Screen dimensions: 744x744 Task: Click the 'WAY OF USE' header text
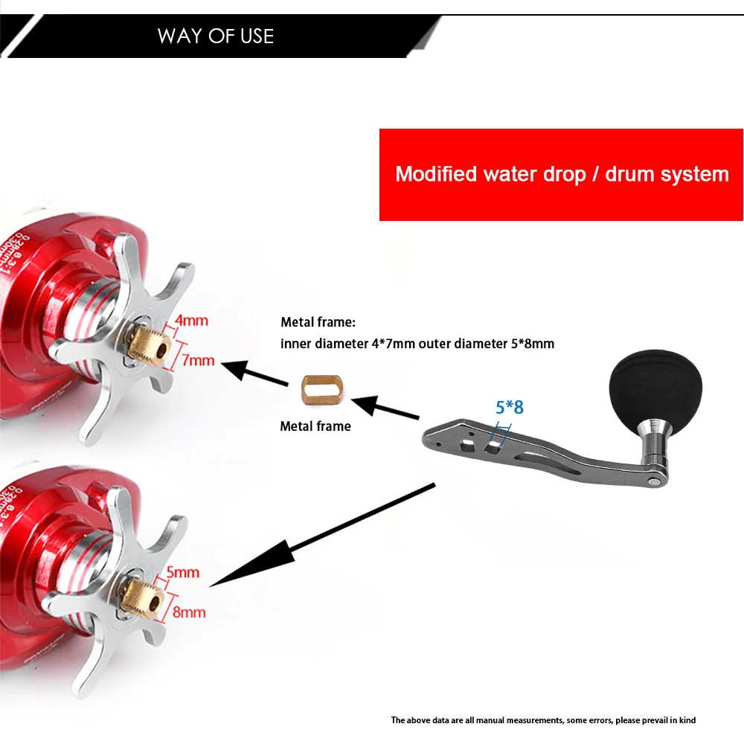216,36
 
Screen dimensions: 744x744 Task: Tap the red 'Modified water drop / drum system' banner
562,175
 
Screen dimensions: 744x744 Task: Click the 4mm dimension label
191,321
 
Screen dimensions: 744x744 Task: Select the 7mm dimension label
198,361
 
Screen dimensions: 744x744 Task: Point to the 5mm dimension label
183,573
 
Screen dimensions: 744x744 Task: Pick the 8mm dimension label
189,612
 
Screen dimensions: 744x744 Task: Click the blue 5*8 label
510,407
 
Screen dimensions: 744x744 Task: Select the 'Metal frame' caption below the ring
315,426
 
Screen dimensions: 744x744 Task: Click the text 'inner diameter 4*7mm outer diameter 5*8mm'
417,344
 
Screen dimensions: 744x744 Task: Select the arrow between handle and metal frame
385,408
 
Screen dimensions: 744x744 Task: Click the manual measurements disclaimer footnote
543,719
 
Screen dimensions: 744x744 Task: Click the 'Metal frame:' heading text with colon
318,322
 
